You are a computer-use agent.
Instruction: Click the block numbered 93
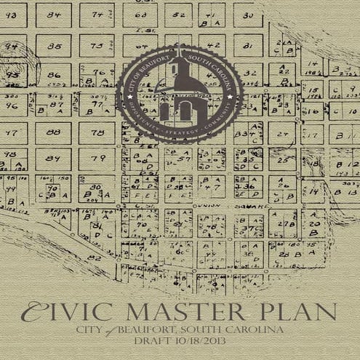(x=12, y=74)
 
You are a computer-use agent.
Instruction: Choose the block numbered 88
(x=52, y=132)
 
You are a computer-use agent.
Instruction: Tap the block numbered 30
(x=248, y=15)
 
